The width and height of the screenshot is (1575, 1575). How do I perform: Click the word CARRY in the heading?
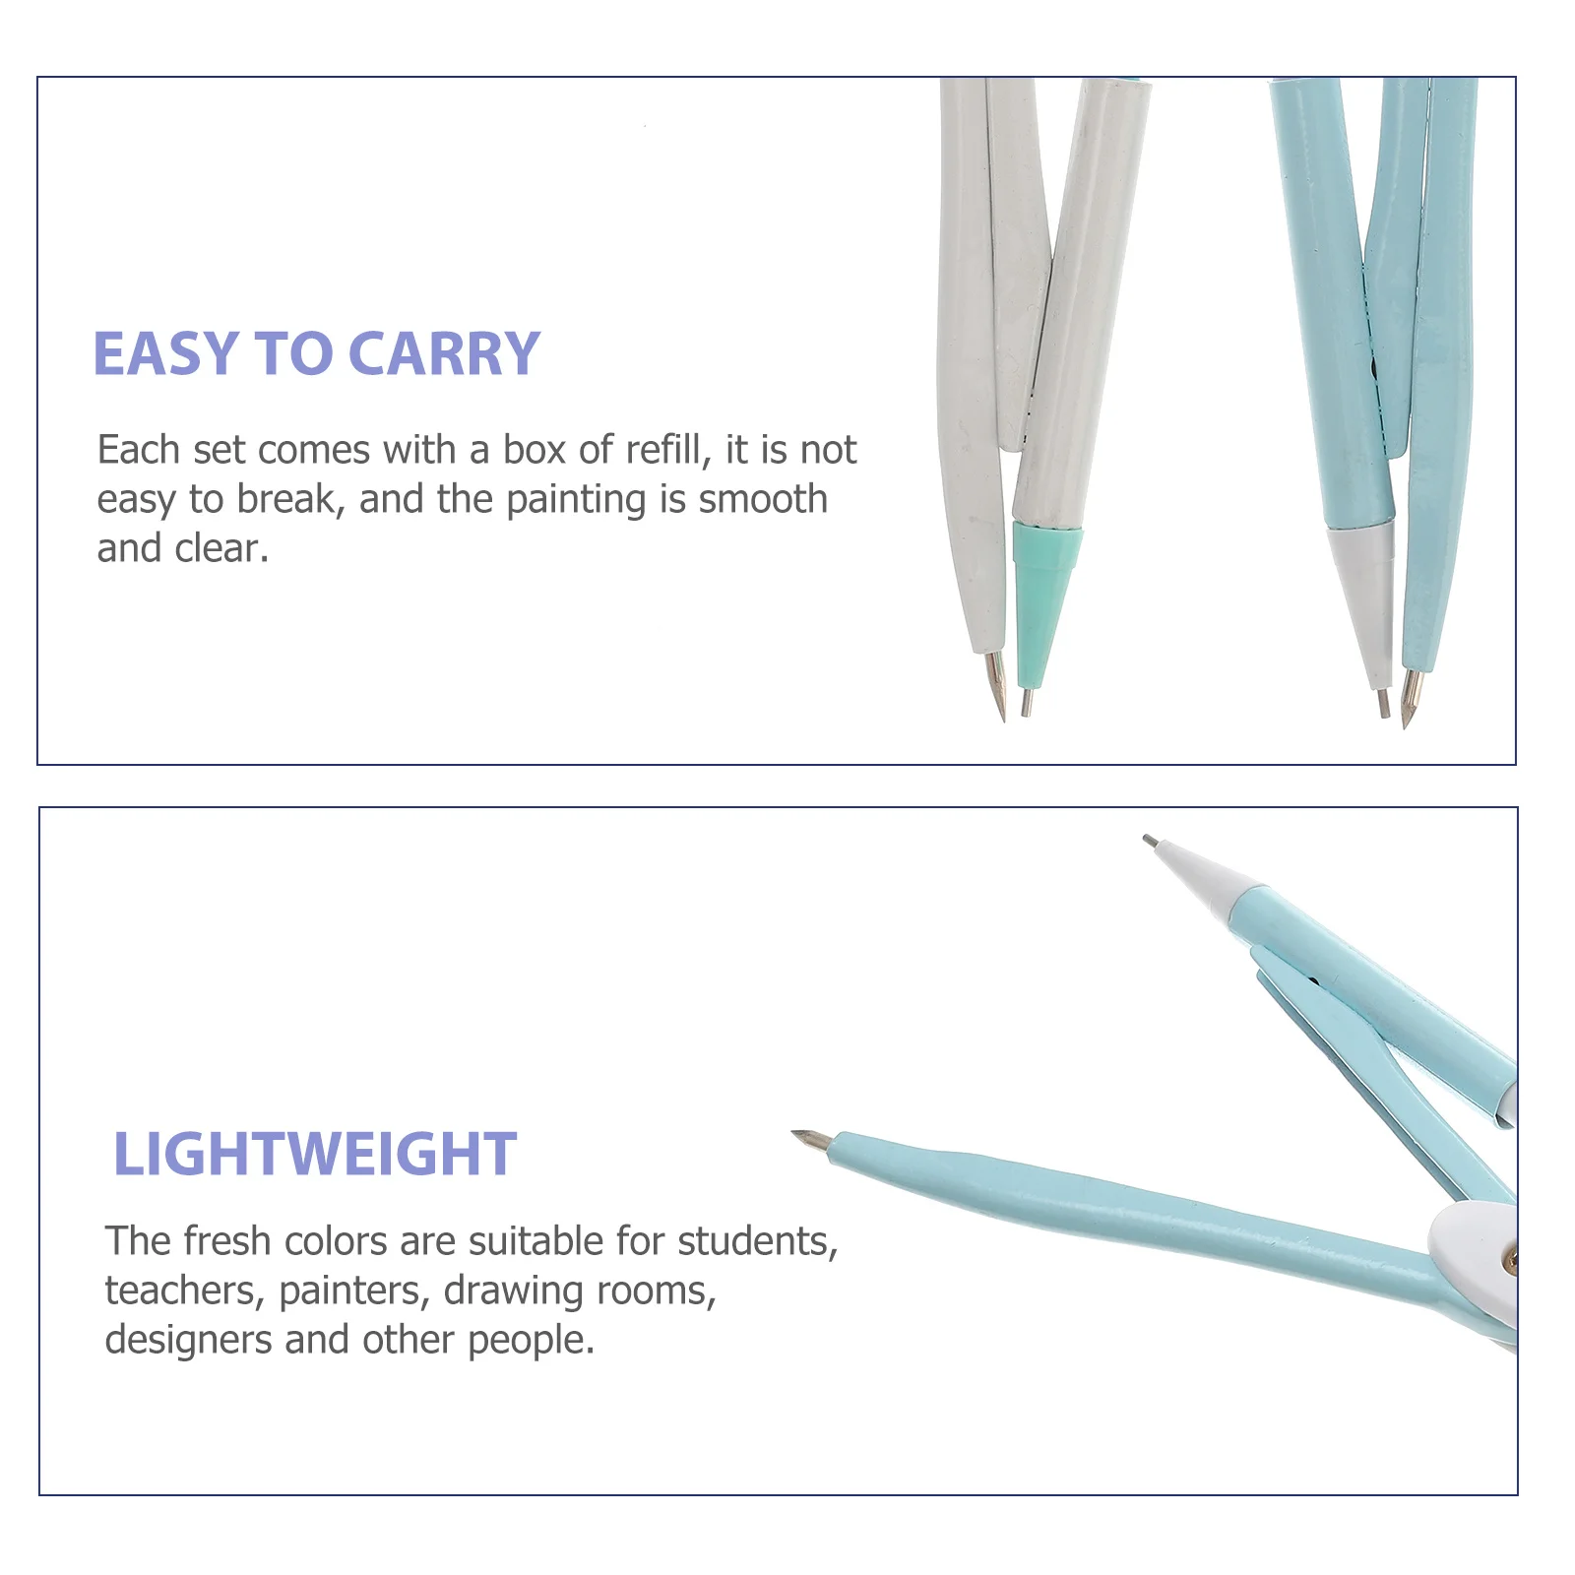tap(444, 354)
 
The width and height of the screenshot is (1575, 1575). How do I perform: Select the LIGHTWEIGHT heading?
tap(315, 1154)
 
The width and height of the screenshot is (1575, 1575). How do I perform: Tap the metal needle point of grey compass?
tap(997, 686)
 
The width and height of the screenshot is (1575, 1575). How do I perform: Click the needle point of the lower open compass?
tap(809, 1139)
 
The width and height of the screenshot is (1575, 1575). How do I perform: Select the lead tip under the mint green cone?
tap(1026, 702)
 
